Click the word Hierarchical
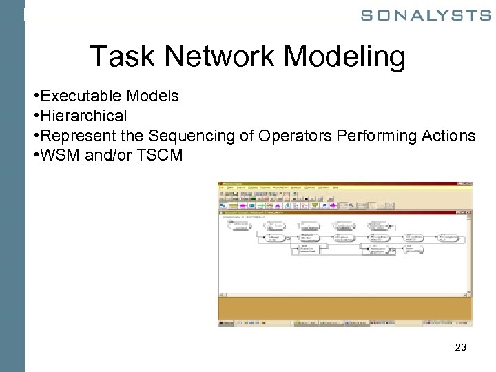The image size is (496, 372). (x=84, y=116)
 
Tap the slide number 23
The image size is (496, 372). (x=461, y=348)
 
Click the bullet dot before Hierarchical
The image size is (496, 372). (x=36, y=116)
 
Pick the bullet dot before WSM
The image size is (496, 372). (x=36, y=155)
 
